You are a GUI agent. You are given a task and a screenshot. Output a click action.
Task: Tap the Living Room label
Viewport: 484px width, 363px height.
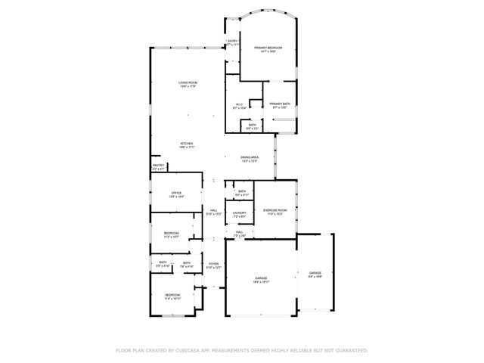click(x=188, y=83)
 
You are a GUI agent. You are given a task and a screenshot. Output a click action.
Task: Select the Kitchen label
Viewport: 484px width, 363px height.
click(x=187, y=144)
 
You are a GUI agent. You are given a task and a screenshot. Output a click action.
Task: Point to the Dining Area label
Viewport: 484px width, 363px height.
click(x=250, y=158)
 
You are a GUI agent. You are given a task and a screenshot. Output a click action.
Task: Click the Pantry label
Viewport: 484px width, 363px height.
click(x=158, y=166)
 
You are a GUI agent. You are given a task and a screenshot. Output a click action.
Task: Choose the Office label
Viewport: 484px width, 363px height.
click(x=176, y=194)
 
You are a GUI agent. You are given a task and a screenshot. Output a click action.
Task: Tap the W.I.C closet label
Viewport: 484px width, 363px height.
click(x=239, y=106)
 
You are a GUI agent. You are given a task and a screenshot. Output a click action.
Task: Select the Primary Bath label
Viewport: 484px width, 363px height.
click(x=280, y=104)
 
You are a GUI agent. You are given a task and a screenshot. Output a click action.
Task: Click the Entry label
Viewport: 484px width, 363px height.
click(x=233, y=42)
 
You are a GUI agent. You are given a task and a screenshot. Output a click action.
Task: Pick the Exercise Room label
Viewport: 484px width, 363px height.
click(x=274, y=211)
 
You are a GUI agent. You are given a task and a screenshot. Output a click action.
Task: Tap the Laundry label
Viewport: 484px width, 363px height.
click(x=240, y=214)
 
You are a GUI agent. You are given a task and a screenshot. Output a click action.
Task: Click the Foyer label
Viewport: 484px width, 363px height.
click(x=214, y=265)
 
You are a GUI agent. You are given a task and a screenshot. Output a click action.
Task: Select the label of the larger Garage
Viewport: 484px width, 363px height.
click(x=260, y=279)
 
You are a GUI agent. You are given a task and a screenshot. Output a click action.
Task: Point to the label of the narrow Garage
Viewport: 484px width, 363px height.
click(x=315, y=274)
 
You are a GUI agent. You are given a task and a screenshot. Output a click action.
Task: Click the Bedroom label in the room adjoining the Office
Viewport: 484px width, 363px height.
click(x=172, y=234)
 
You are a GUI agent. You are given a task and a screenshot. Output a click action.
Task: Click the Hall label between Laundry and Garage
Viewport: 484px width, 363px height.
click(x=239, y=234)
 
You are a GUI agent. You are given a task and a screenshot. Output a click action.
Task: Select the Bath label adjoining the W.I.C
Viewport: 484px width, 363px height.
click(x=252, y=126)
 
